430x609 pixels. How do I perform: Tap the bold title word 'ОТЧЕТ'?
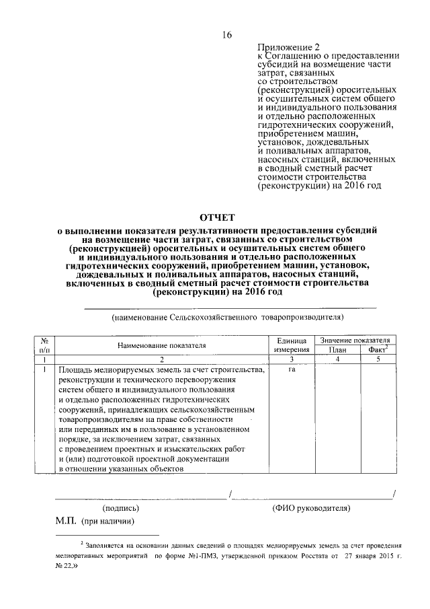[217, 217]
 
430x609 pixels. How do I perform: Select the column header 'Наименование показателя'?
[161, 345]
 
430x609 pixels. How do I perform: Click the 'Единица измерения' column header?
[292, 345]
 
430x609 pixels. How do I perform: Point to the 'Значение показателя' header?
[355, 341]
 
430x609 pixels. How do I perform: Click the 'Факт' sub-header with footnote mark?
[378, 350]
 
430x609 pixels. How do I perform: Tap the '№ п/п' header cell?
[44, 345]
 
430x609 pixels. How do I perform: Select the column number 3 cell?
[292, 360]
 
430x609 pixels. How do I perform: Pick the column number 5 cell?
[378, 360]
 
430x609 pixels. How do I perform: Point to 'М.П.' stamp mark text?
[66, 522]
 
